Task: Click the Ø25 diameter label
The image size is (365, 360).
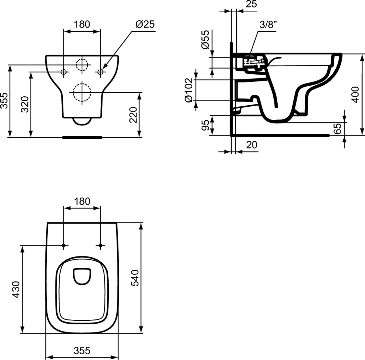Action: point(145,24)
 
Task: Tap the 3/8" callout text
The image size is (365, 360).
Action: point(269,25)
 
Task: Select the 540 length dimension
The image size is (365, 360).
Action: point(135,278)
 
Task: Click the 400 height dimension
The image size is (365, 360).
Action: point(355,95)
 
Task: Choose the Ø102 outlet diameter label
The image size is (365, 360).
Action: point(189,90)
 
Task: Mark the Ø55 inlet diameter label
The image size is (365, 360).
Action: point(206,40)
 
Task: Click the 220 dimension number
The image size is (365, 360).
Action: point(133,115)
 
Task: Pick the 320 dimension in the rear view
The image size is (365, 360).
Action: point(25,104)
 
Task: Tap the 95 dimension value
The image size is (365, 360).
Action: point(206,126)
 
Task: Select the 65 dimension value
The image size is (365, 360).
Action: point(337,128)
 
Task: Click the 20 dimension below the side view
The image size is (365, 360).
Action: point(252,145)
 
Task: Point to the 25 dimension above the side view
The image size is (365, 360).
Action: point(251,4)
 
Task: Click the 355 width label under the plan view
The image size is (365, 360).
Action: point(82,350)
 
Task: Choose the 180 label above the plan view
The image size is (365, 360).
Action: point(82,201)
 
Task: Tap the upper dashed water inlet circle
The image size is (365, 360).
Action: point(82,65)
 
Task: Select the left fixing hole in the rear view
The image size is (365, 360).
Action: point(63,72)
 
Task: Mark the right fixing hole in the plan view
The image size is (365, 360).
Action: point(100,245)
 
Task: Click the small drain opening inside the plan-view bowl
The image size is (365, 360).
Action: point(82,277)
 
